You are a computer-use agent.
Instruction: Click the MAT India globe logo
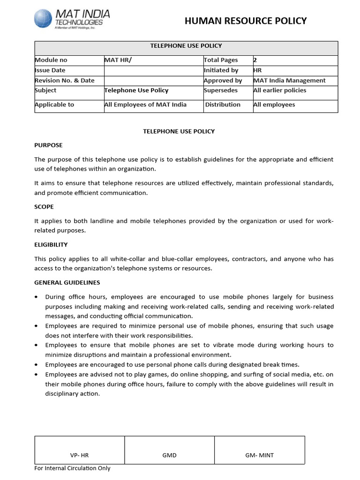pos(44,18)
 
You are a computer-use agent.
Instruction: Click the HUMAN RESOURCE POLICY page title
pos(246,21)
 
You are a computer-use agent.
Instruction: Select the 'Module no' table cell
pos(51,60)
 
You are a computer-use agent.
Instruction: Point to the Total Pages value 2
pos(255,60)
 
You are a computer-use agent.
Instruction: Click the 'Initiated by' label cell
pos(221,70)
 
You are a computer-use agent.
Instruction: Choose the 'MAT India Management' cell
pos(289,80)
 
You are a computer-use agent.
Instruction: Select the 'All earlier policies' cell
pos(279,90)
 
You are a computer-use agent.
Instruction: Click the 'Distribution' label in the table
pos(223,105)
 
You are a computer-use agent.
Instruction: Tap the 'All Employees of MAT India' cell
pos(145,105)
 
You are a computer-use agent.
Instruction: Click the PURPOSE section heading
pos(48,145)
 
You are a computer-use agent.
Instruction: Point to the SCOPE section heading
pos(44,207)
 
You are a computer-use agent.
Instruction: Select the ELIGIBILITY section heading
pos(51,244)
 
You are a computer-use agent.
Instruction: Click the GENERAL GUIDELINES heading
pos(67,283)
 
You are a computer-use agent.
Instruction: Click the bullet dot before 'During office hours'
pos(37,297)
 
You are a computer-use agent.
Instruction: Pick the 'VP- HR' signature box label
pos(79,455)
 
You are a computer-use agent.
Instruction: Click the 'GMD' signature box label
pos(169,455)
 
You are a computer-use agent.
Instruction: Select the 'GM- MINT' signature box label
pos(259,455)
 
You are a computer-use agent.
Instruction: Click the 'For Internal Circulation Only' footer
pos(73,468)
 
